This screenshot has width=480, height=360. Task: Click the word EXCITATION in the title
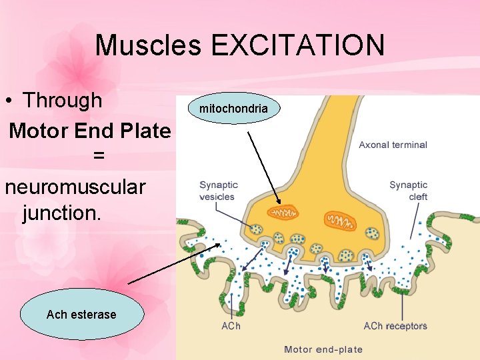(298, 45)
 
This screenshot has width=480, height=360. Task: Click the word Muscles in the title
(148, 45)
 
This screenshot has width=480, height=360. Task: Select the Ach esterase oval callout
(81, 315)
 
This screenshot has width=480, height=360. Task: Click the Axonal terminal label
(393, 145)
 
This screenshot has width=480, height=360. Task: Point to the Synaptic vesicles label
(218, 191)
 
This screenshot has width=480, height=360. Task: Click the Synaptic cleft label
(408, 191)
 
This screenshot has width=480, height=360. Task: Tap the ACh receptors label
(395, 326)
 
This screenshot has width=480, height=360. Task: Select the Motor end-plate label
(323, 349)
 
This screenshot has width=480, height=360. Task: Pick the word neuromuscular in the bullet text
(75, 186)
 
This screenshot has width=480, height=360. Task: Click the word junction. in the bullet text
(61, 213)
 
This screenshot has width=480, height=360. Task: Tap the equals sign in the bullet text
(99, 157)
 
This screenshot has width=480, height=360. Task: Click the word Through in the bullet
(63, 100)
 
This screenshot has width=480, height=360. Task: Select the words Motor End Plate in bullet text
(90, 130)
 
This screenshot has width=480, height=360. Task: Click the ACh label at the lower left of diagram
(231, 326)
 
